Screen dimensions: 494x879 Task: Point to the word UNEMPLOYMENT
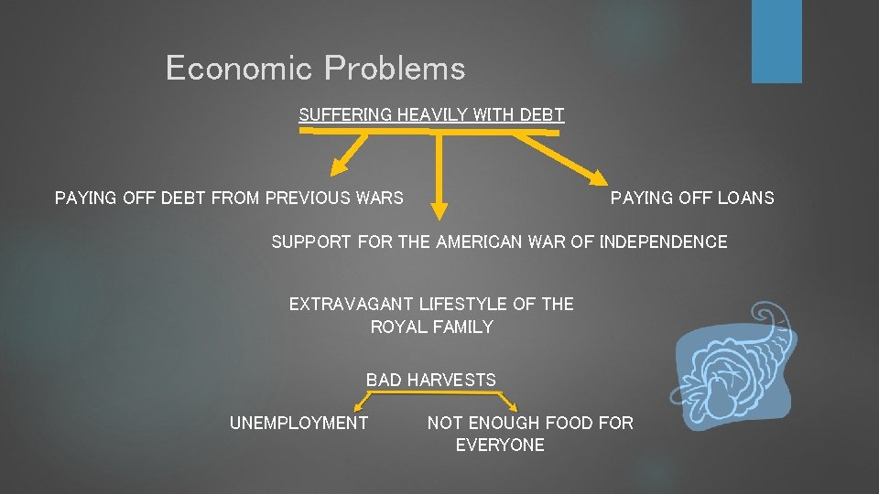(x=298, y=423)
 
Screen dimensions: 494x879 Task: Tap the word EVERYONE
(x=500, y=446)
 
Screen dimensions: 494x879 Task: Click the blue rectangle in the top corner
(x=776, y=41)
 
